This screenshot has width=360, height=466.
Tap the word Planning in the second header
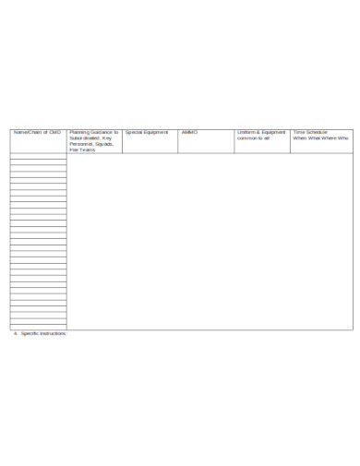pyautogui.click(x=80, y=133)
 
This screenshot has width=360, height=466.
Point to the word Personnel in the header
pyautogui.click(x=81, y=144)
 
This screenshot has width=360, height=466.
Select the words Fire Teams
pyautogui.click(x=82, y=149)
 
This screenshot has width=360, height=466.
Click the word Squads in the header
pyautogui.click(x=103, y=144)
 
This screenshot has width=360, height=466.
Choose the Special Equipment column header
pyautogui.click(x=147, y=133)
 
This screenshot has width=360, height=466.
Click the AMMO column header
pyautogui.click(x=190, y=133)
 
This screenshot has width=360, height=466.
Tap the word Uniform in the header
pyautogui.click(x=248, y=133)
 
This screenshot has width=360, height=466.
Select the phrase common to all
pyautogui.click(x=253, y=138)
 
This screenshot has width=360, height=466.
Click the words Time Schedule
pyautogui.click(x=311, y=133)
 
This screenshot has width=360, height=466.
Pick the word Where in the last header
pyautogui.click(x=328, y=138)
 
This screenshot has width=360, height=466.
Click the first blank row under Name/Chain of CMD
pyautogui.click(x=38, y=158)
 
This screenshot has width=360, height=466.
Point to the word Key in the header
pyautogui.click(x=107, y=138)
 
